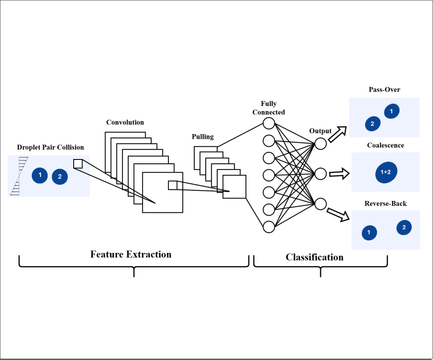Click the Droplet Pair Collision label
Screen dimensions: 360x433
click(50, 147)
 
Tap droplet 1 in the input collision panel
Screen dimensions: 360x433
click(40, 175)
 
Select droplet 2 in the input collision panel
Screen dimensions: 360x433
click(60, 176)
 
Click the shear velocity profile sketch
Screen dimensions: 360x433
click(19, 176)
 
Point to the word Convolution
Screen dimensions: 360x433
click(125, 122)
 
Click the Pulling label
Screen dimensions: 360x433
click(203, 137)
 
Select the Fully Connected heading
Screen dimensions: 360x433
click(269, 108)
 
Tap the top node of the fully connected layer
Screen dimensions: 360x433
click(269, 123)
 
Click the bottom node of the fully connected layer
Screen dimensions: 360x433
click(269, 227)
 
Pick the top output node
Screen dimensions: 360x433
click(320, 144)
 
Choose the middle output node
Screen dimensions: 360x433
click(320, 173)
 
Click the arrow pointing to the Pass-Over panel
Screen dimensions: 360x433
click(337, 134)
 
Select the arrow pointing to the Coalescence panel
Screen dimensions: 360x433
click(339, 173)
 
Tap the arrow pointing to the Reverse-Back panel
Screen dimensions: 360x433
click(338, 214)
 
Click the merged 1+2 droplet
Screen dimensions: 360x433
click(386, 172)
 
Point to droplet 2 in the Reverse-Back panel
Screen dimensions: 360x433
click(404, 228)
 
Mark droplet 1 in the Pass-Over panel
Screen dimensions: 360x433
click(392, 111)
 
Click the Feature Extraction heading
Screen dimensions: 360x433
click(131, 254)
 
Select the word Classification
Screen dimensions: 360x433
click(314, 257)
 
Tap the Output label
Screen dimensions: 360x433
click(320, 131)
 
